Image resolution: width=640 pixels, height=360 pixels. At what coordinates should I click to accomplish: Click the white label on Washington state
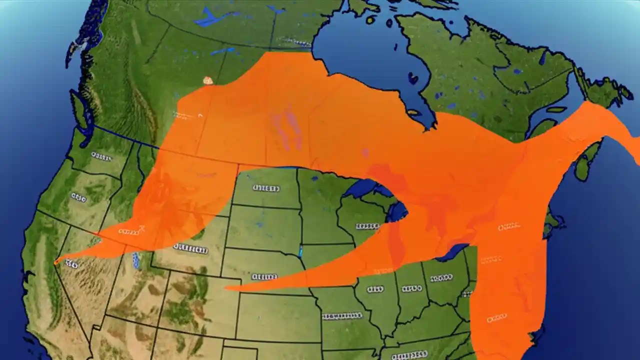point(101,157)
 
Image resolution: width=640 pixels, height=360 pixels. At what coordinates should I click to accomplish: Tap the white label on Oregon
point(78,197)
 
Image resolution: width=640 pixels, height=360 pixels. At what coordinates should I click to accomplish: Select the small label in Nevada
point(71,264)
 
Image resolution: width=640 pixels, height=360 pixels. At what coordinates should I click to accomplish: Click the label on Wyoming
point(190,248)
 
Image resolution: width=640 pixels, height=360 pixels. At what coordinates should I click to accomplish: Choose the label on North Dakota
point(266,188)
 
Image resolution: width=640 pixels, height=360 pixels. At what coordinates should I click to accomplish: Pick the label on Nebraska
point(264,276)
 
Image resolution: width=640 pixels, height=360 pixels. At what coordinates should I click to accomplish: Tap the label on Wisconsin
point(367,226)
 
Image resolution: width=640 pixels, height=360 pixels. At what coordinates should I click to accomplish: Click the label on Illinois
point(375,289)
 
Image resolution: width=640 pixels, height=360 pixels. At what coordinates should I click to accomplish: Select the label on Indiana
point(412,288)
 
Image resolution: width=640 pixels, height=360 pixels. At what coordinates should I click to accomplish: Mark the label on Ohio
point(441,277)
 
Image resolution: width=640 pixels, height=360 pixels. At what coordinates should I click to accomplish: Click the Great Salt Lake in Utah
point(135,260)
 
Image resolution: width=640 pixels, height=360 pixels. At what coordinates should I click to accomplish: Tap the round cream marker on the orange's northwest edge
point(208,80)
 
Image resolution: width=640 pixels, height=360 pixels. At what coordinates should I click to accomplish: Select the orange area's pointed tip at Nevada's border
point(56,261)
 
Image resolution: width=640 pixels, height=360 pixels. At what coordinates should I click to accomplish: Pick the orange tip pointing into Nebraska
point(227,288)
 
